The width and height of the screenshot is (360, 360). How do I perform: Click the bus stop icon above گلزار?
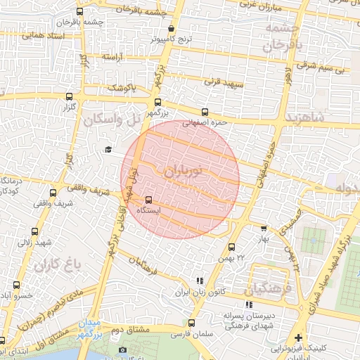(68, 97)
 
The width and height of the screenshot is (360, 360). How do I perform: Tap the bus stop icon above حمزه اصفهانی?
(205, 112)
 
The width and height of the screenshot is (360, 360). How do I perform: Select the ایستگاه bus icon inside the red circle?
(148, 200)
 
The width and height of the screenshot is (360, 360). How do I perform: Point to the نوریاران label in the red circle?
(186, 170)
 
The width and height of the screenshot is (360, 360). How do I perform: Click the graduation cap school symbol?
(108, 149)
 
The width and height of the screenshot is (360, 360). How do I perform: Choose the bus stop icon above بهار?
(264, 229)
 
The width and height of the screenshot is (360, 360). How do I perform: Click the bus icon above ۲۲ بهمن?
(231, 247)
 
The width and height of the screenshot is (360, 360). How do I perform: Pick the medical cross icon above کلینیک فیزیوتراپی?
(298, 337)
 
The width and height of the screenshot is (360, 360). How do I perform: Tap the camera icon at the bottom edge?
(122, 350)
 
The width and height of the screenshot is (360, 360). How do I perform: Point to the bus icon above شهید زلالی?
(35, 231)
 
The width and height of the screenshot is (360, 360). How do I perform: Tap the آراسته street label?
(112, 56)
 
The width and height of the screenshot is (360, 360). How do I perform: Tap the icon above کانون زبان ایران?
(200, 280)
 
